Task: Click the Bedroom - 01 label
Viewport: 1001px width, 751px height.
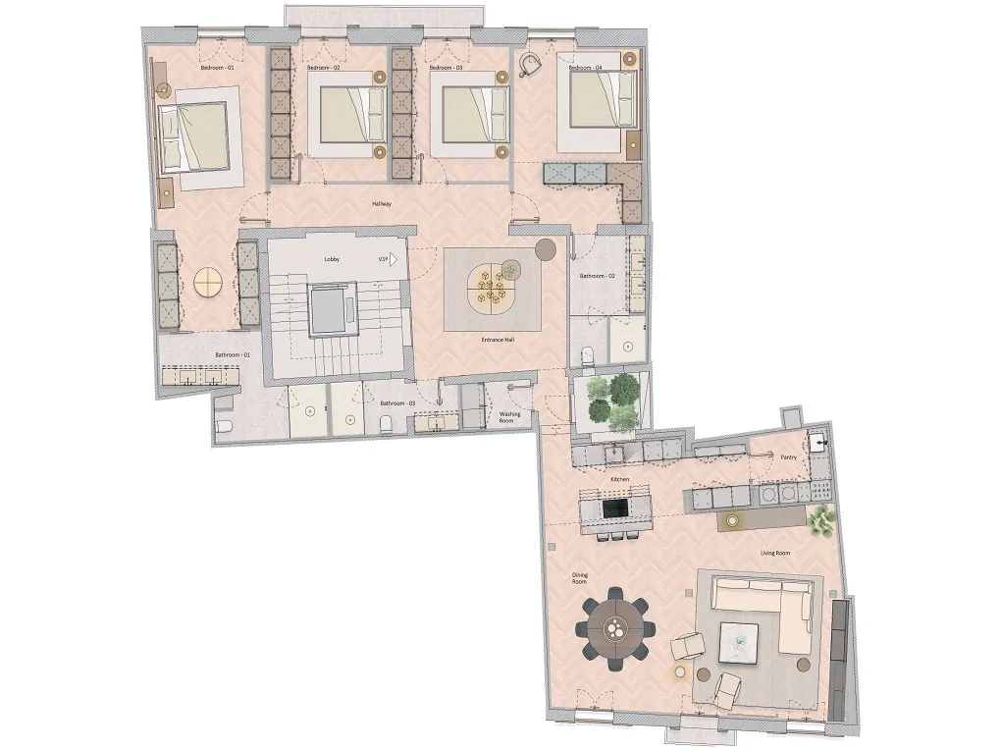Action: (217, 69)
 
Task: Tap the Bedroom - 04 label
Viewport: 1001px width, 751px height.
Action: (585, 69)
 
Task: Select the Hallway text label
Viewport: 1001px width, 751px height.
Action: (382, 204)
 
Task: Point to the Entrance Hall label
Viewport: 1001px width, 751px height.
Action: (497, 340)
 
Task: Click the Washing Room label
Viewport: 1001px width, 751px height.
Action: (510, 418)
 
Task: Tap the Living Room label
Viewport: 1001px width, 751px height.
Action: (774, 554)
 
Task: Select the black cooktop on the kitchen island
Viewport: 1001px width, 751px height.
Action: (615, 509)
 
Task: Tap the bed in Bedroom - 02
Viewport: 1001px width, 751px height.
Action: (346, 115)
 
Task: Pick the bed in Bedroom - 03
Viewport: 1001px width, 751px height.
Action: (468, 115)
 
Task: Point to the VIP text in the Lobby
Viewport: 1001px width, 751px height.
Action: (386, 261)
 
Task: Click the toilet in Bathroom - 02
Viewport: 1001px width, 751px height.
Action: (587, 353)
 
